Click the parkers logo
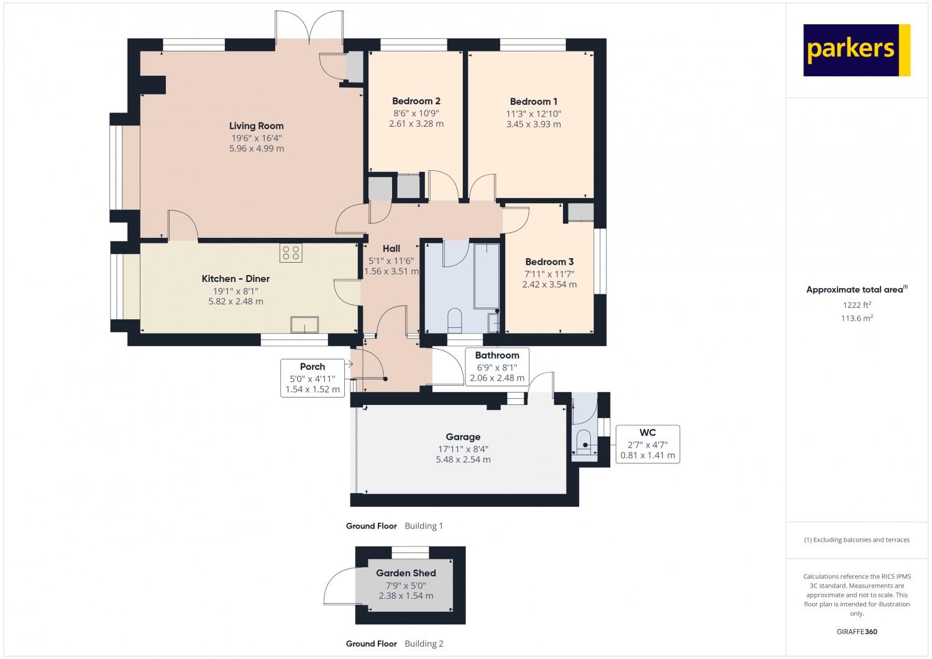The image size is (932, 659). tap(857, 50)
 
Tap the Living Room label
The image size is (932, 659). tap(256, 125)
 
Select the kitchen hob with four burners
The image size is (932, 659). tap(291, 253)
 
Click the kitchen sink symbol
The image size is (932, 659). tap(304, 324)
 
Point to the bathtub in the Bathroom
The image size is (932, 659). tap(487, 276)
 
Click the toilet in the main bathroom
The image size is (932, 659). tap(454, 320)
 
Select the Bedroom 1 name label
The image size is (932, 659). tap(533, 101)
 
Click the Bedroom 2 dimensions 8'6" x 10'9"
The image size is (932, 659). tap(416, 113)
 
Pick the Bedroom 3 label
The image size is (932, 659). tap(549, 261)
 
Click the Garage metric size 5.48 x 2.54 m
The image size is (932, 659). tap(463, 460)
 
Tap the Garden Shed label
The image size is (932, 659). tap(406, 573)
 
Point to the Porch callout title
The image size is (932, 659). tap(313, 366)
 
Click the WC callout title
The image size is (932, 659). tap(647, 433)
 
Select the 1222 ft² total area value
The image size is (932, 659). tap(857, 305)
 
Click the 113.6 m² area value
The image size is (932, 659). tap(857, 318)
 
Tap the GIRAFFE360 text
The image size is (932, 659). tap(857, 632)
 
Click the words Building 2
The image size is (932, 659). tap(424, 643)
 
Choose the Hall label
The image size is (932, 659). tap(391, 248)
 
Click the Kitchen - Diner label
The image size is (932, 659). tap(235, 279)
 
